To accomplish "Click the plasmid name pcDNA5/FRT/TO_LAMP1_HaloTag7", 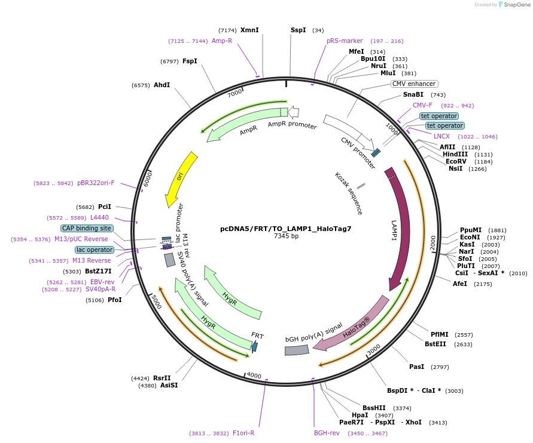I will coord(286,228).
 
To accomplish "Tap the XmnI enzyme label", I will coord(249,30).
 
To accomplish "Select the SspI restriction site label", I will coord(298,30).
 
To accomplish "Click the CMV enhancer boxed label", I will coord(414,84).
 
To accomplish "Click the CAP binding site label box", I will coord(87,228).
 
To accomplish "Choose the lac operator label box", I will coord(95,250).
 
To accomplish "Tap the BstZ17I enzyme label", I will coord(98,271).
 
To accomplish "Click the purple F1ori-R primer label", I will coord(243,433).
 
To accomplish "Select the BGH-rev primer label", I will coord(327,433).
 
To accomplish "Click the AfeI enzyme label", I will coord(460,284).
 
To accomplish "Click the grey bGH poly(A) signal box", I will coord(297,350).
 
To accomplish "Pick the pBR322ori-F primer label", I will coord(96,183).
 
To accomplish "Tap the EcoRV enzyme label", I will coord(456,161).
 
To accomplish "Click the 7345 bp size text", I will coord(286,236).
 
